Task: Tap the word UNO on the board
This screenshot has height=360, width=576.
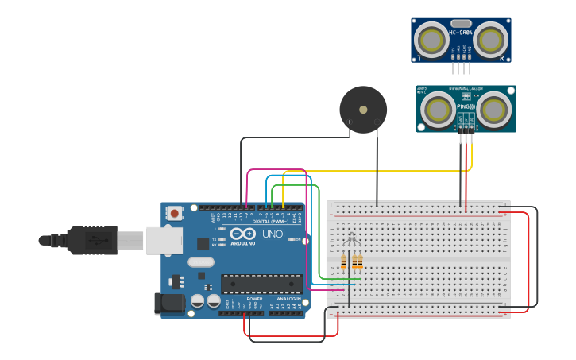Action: coord(272,234)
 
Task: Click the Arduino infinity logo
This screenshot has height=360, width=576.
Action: coord(245,234)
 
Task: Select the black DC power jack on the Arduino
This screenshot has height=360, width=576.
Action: coord(168,303)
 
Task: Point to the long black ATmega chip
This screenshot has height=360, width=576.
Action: coord(261,284)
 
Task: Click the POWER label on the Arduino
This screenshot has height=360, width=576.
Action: coord(254,299)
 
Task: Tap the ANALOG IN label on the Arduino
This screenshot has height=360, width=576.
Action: coord(288,299)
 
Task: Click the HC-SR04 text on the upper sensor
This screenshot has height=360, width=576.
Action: coord(461,33)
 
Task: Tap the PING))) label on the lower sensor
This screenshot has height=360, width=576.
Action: coord(466,105)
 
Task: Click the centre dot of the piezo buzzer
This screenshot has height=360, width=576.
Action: coord(363,109)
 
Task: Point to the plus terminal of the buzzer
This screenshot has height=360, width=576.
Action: coord(349,122)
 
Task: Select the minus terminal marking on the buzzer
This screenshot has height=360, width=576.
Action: coord(377,122)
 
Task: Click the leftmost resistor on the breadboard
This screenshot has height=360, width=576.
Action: coord(344,262)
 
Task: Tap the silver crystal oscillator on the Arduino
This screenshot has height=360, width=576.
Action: coord(202,262)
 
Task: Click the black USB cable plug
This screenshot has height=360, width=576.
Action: coord(92,240)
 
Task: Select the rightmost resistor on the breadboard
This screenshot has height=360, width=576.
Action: coord(360,262)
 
